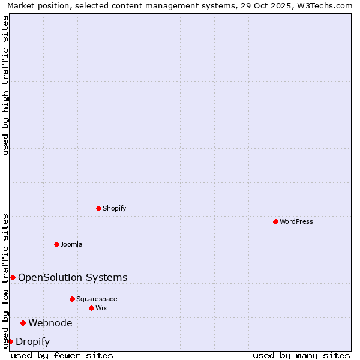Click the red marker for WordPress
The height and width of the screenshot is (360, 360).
(275, 221)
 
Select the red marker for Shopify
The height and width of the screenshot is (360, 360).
(98, 208)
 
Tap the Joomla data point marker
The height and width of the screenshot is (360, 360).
(56, 244)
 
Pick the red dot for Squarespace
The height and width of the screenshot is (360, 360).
(72, 299)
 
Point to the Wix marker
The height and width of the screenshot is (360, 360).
(91, 308)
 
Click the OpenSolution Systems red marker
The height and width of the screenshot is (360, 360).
(13, 277)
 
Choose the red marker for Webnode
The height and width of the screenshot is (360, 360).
(23, 323)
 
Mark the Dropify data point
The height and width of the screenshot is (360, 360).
(10, 341)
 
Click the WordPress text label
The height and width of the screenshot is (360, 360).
(296, 221)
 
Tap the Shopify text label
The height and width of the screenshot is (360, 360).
(114, 208)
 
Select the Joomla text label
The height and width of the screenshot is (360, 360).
(71, 244)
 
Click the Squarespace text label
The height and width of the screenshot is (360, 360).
(97, 299)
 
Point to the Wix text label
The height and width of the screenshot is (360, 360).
(101, 308)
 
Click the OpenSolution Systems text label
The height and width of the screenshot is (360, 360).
(73, 277)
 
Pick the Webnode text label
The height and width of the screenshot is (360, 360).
(50, 323)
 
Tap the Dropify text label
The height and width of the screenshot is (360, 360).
(32, 341)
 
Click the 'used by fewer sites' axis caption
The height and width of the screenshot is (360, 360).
(62, 355)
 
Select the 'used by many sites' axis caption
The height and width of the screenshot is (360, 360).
(301, 355)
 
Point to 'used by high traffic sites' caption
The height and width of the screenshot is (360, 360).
(5, 85)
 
